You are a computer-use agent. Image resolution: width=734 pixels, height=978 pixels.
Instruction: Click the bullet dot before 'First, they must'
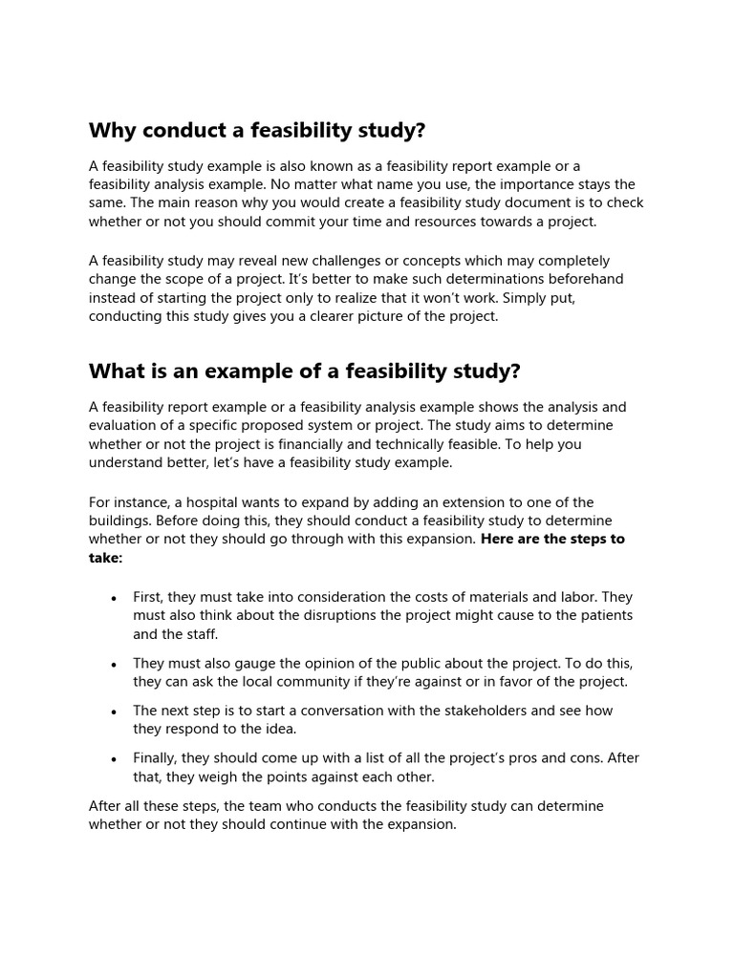pos(115,598)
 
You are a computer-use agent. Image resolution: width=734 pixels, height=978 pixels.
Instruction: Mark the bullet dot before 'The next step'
pos(115,712)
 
